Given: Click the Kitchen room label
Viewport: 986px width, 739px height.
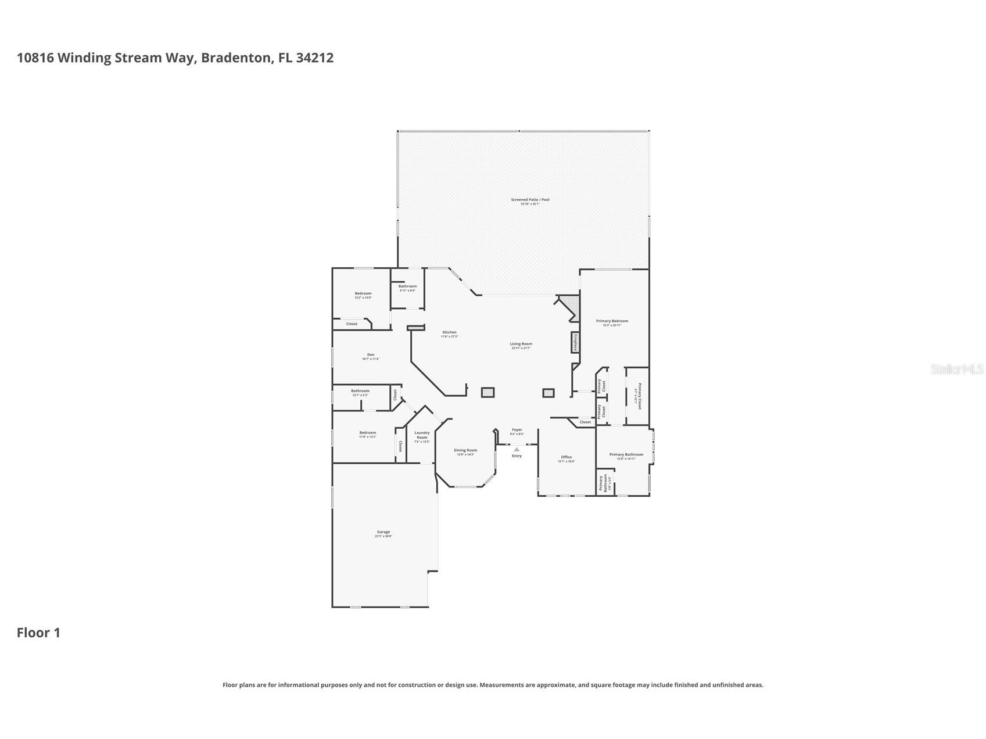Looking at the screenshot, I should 449,333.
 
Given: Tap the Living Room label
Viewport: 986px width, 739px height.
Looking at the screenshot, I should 521,344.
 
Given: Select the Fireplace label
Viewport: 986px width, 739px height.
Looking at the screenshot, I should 575,342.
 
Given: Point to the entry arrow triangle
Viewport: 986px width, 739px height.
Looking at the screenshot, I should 517,449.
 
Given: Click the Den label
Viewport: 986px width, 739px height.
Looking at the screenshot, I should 371,355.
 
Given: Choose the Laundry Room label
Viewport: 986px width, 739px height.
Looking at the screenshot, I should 422,435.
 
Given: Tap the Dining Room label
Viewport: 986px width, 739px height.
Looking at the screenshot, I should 465,450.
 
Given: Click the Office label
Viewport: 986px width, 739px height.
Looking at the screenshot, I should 566,457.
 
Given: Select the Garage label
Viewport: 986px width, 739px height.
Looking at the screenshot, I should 383,532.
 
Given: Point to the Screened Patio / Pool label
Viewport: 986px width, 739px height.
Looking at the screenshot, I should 530,200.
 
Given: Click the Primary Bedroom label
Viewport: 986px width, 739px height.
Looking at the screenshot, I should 612,321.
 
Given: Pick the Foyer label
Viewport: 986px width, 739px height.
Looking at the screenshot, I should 517,431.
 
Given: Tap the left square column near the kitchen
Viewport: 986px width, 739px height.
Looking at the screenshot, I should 487,393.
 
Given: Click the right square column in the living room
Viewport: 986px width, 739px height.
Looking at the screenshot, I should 548,393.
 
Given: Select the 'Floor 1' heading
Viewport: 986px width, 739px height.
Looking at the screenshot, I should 38,633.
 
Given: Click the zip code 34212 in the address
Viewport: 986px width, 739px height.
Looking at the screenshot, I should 314,58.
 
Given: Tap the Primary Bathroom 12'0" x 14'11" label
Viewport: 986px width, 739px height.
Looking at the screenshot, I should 626,455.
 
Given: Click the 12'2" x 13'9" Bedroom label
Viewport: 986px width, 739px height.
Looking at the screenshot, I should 363,294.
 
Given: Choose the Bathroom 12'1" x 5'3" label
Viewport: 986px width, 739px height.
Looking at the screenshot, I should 360,392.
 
